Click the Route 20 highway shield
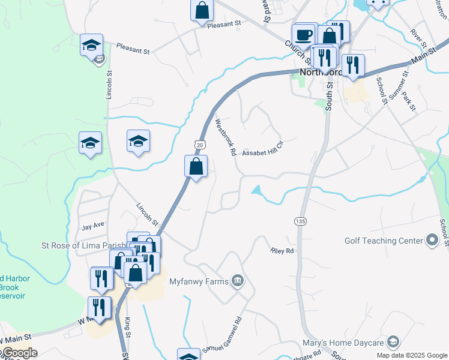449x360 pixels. tap(200, 145)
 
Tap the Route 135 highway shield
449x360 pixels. tap(300, 221)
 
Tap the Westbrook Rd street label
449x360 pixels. tap(226, 137)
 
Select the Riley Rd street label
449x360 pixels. tap(282, 251)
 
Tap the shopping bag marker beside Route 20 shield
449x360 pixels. tap(196, 166)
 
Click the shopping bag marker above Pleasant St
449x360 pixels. tap(202, 10)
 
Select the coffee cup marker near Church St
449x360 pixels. tap(304, 34)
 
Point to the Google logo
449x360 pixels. tap(19, 353)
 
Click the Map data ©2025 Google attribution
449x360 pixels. tap(411, 355)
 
